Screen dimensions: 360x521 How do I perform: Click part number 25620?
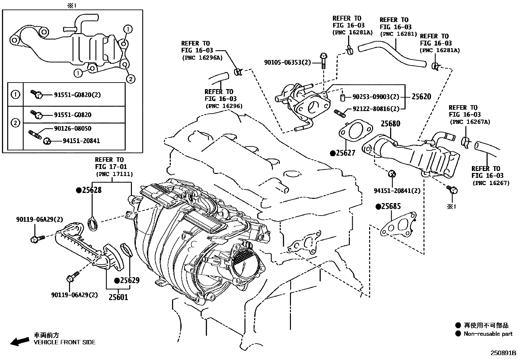click(x=421, y=97)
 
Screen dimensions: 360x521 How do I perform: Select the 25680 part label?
click(x=390, y=124)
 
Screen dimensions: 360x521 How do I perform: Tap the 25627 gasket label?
click(x=345, y=153)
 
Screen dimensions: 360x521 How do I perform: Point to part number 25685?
click(x=391, y=206)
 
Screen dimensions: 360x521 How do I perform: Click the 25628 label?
click(x=91, y=190)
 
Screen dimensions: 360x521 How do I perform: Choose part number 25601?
click(x=118, y=297)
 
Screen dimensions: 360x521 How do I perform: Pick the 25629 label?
click(x=129, y=280)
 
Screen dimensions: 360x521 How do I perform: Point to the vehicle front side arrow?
click(x=19, y=342)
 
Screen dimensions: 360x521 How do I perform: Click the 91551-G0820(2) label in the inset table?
click(x=77, y=95)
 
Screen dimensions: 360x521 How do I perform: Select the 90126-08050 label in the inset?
click(x=73, y=129)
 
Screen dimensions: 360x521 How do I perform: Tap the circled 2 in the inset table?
click(x=15, y=123)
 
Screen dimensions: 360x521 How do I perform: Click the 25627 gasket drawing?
click(x=355, y=131)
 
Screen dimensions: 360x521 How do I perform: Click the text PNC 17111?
click(x=114, y=174)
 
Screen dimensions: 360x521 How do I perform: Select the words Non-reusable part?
click(x=488, y=334)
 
